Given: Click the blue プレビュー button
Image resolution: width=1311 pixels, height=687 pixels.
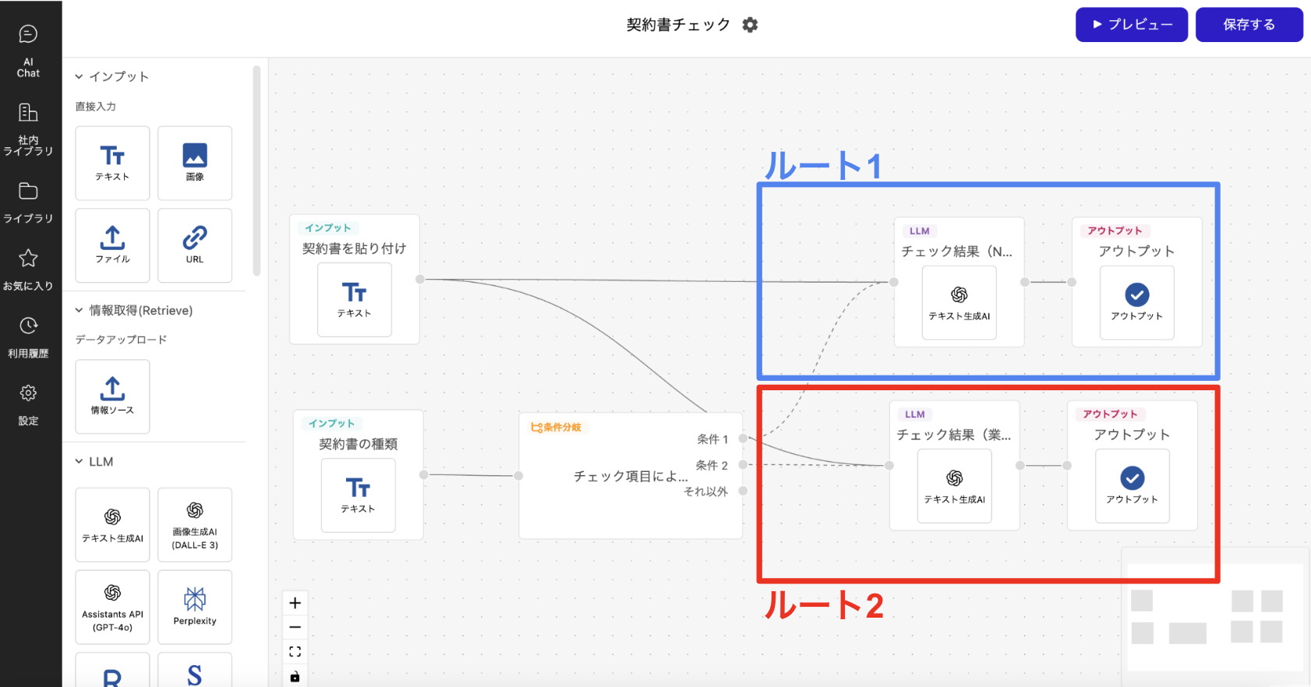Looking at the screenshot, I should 1131,25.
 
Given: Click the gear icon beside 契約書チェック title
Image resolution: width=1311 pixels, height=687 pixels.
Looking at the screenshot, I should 750,25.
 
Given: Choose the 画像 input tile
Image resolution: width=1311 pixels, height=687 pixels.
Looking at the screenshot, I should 195,163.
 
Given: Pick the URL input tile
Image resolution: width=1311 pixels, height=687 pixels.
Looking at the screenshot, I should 195,245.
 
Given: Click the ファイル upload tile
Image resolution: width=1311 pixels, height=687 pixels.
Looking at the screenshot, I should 112,245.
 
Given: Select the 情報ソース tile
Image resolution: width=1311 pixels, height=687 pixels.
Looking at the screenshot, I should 112,396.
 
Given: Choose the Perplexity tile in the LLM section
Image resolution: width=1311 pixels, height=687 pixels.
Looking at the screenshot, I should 195,607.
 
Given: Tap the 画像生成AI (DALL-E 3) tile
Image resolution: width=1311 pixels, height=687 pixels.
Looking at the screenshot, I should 195,524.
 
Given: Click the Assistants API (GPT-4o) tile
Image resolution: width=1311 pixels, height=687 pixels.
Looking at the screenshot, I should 112,607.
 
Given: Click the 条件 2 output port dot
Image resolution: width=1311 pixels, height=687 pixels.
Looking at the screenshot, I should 743,465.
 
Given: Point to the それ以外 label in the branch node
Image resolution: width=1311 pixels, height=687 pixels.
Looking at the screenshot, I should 705,491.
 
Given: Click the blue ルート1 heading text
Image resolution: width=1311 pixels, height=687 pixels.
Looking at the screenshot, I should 822,166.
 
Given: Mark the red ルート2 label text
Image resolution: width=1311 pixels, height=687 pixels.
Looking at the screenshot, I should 824,605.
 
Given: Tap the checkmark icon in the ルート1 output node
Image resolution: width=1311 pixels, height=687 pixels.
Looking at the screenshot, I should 1136,295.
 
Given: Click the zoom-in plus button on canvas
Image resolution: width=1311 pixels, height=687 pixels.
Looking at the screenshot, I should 295,603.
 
